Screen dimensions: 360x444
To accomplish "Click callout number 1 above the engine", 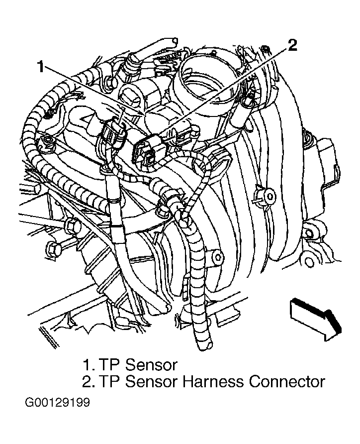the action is tap(41, 66).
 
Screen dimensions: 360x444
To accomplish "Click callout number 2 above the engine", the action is tap(292, 45).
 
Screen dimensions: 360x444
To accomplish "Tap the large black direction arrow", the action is tap(316, 320).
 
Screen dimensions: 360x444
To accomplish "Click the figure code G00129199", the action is tap(57, 402).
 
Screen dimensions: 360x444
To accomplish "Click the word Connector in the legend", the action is tap(287, 381).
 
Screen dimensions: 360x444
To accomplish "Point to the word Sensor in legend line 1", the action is tap(151, 365).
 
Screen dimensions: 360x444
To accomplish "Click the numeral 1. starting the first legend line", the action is tap(89, 365).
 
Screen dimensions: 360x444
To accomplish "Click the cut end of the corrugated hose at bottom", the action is tap(205, 344).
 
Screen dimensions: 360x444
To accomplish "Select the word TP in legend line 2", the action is tap(110, 381).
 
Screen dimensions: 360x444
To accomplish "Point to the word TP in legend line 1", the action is tap(110, 365).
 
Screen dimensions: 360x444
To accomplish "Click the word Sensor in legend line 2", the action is tap(151, 381).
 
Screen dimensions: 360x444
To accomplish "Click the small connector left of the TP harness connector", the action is tap(113, 132).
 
